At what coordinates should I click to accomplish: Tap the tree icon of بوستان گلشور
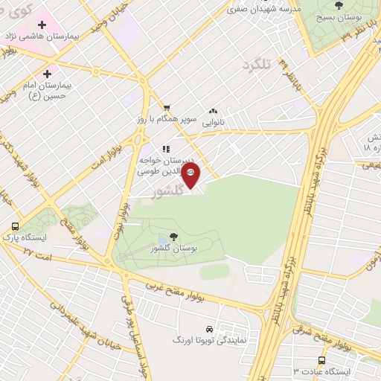tap(163, 236)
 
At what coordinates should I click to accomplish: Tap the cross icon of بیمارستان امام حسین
tap(47, 74)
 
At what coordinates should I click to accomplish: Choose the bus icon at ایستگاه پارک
tap(15, 226)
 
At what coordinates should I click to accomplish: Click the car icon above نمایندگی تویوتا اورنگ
tap(209, 327)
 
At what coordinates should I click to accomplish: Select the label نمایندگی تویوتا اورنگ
tap(210, 339)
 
